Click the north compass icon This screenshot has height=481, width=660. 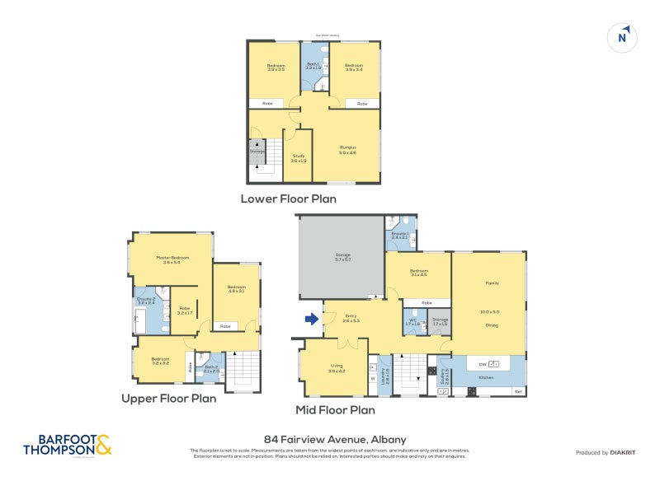pos(624,37)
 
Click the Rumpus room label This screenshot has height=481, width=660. pos(346,147)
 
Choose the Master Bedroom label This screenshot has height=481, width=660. pos(173,258)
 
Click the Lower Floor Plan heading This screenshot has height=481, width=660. pos(288,198)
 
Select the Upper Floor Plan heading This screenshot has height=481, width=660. pos(168,398)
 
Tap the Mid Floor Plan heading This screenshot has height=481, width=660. pos(335,409)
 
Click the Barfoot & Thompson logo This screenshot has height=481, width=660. pos(68,445)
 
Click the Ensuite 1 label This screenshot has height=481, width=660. pos(400,234)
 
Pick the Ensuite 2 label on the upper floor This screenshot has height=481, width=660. pos(146,299)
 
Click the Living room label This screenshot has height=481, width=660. pos(336,367)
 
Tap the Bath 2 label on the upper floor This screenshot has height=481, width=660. pos(210,367)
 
